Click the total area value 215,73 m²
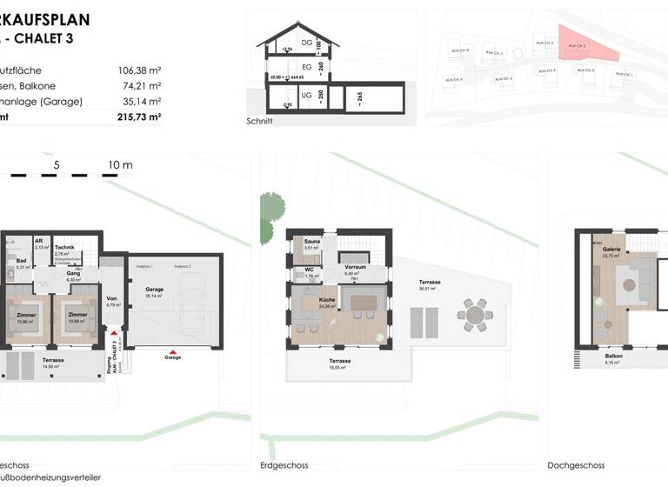coord(139,117)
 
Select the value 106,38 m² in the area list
coord(139,70)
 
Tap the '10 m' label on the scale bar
coord(120,164)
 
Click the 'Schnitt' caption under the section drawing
coord(259,122)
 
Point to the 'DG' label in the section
coord(306,42)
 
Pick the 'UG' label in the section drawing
coord(306,95)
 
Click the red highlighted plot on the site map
coord(578,50)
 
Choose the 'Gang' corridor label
coord(73,273)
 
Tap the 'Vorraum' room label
coord(354,267)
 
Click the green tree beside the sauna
coord(271,208)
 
